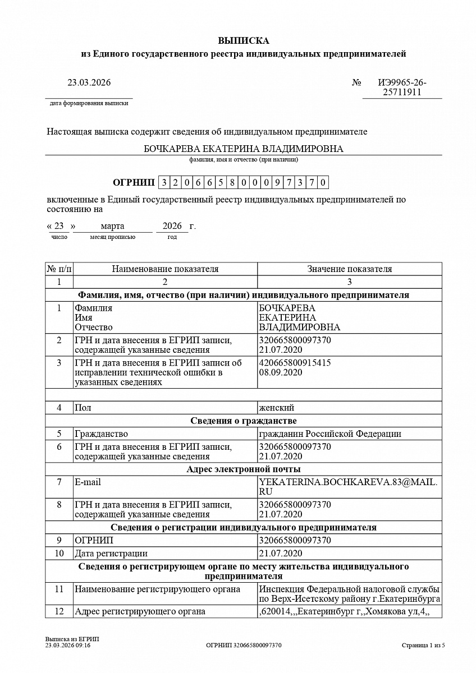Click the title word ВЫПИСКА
(243, 41)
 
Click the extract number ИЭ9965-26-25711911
(402, 87)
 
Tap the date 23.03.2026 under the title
(89, 82)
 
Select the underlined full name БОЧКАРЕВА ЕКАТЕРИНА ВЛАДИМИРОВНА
(243, 149)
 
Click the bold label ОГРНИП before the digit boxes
(133, 182)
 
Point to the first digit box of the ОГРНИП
(164, 182)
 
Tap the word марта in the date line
(112, 226)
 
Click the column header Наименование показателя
(165, 269)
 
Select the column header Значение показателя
(349, 269)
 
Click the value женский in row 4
(276, 408)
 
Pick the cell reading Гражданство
(101, 434)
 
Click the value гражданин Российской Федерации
(330, 434)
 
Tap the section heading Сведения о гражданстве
(243, 421)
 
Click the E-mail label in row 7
(88, 482)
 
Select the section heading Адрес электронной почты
(243, 469)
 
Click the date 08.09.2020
(281, 372)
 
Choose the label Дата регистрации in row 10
(111, 554)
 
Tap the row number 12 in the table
(59, 611)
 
